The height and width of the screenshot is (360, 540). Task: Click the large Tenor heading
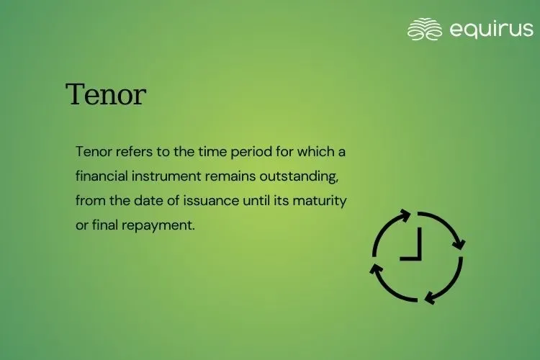(106, 94)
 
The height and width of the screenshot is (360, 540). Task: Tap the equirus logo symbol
(424, 30)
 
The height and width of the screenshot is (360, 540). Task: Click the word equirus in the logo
(491, 30)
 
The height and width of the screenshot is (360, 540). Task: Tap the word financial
(102, 176)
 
